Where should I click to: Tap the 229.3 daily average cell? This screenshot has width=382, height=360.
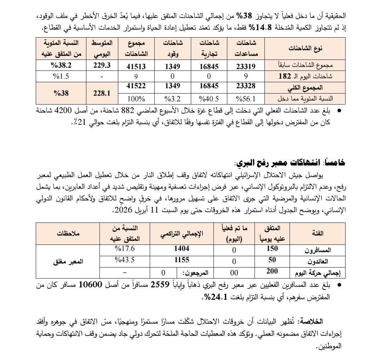101,66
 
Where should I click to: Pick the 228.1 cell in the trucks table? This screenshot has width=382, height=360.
101,94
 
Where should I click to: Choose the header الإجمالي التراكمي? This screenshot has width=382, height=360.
182,234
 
